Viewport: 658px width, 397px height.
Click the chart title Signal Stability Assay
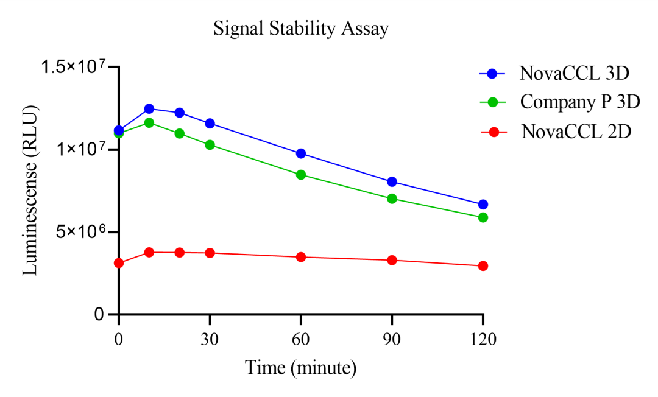coord(301,29)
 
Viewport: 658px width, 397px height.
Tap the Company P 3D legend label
coord(579,102)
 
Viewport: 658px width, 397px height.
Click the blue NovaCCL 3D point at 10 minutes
coord(149,108)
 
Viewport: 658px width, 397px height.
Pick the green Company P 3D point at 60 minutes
coord(301,175)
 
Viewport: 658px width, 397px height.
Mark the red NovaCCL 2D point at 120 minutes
coord(483,266)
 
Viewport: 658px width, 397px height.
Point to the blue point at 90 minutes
coord(392,181)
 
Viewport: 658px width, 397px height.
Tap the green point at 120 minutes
coord(483,217)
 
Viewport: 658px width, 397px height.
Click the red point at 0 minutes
coord(119,263)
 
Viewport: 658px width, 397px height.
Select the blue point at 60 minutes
coord(301,153)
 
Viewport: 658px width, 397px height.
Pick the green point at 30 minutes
coord(210,145)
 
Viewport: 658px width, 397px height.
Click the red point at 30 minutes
coord(210,253)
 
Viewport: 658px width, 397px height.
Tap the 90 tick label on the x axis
coord(392,340)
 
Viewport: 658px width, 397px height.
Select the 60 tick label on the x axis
coord(301,340)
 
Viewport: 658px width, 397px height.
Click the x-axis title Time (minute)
coord(300,368)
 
